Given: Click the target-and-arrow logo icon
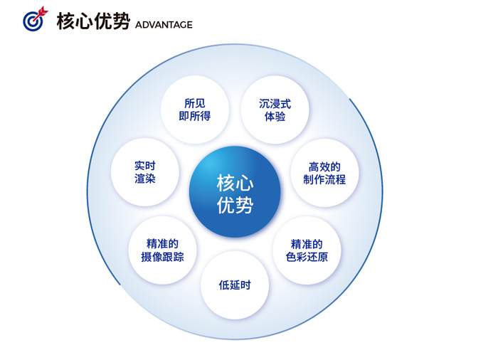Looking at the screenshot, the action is [36, 19].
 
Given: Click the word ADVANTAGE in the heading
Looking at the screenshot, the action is [164, 25].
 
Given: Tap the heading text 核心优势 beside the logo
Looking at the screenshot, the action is [93, 21].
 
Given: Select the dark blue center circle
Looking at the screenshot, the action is [235, 191].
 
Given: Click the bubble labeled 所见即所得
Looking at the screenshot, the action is [195, 110].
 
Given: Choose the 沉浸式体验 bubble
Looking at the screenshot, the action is [275, 110].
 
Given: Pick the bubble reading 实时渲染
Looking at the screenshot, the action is [145, 172].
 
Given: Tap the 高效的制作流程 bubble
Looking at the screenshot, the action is [324, 173].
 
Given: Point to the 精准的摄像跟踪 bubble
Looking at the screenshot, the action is [162, 250].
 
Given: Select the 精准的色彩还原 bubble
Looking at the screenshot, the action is [307, 250].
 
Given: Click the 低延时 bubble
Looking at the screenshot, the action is [235, 285].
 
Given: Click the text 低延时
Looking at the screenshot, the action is [235, 285].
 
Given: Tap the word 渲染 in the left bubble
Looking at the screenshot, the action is [145, 179].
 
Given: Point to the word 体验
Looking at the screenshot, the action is [275, 116].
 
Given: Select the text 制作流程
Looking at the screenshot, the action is [324, 179].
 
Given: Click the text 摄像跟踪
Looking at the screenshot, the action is [162, 257].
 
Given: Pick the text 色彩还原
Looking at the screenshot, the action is [307, 257].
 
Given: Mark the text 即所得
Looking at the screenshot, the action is [195, 116].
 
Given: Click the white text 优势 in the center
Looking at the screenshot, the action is [235, 205].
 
